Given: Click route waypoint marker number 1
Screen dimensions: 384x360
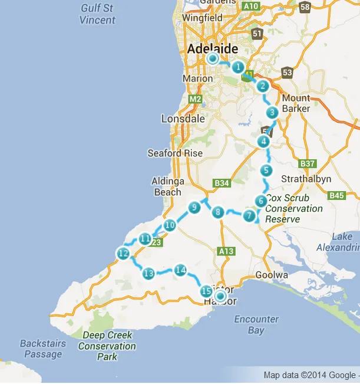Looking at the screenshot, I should pos(238,67).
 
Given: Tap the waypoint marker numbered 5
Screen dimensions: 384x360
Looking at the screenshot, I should pos(266,170).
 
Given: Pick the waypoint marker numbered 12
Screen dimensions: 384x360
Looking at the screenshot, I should pos(123,254).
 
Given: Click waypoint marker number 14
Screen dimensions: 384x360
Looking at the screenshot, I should pos(180,270).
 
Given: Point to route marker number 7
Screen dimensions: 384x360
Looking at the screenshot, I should pos(249,216).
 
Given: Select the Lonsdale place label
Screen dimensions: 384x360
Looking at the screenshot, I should pos(183,119).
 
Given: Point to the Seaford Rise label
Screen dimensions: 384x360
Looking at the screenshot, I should pos(175,153).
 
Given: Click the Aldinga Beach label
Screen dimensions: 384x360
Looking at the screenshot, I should pos(169,186).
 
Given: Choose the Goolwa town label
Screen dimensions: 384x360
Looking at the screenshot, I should pos(272,275).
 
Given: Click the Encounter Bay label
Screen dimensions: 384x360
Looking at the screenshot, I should pos(256,324).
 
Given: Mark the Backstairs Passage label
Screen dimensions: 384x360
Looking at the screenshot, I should pos(41,349).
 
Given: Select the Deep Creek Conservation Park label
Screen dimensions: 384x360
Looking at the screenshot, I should pos(107,346).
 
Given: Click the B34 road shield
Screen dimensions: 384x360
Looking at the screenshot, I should pos(222,183).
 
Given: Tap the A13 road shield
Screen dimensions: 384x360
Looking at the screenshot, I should pos(226,251).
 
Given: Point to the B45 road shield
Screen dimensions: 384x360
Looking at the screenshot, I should pos(336,195).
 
